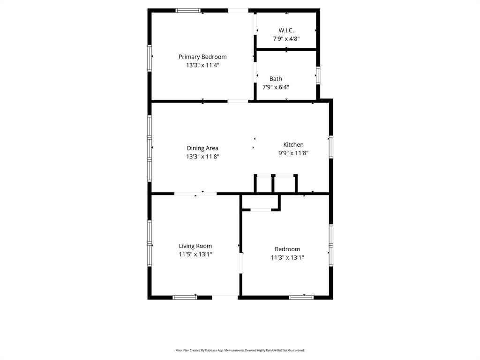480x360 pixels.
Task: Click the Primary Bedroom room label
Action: (x=202, y=57)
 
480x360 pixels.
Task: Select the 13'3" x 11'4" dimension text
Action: (x=202, y=66)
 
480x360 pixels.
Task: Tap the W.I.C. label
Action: (x=286, y=30)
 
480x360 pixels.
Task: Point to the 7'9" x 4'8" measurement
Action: (x=286, y=39)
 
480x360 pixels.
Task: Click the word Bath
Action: (x=276, y=79)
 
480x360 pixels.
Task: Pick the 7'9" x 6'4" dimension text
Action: (x=276, y=87)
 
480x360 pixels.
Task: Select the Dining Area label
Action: (x=202, y=148)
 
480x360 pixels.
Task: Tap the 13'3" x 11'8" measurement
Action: (x=202, y=157)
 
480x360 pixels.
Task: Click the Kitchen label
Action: (x=293, y=144)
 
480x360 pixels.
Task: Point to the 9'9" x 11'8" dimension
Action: (x=293, y=153)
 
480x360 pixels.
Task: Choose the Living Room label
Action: (x=195, y=246)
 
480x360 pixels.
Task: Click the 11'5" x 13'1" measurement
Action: (x=195, y=255)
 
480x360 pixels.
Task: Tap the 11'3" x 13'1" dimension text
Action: (x=287, y=257)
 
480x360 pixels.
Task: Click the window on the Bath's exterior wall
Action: (x=318, y=75)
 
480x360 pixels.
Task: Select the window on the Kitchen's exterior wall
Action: (x=330, y=147)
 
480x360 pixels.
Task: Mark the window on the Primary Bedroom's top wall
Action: (x=188, y=10)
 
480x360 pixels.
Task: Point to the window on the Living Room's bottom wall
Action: (x=185, y=297)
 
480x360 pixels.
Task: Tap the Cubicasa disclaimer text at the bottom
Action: (x=240, y=350)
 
